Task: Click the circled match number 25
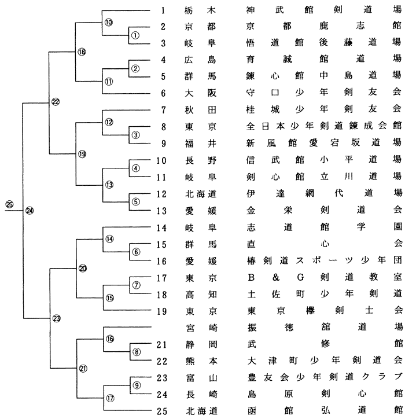coord(10,204)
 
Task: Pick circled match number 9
coord(137,385)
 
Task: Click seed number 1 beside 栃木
coord(164,10)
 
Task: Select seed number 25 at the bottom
coord(162,411)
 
